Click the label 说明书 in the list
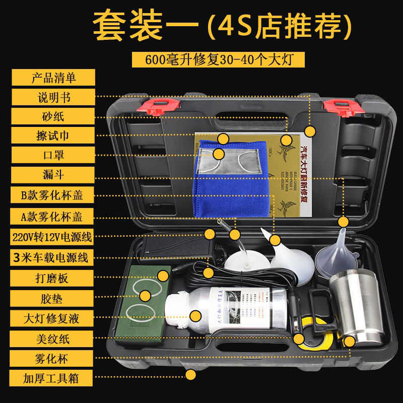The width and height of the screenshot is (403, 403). coord(53,96)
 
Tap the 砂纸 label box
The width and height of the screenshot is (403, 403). coord(53,116)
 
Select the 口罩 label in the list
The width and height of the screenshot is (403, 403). coord(53,155)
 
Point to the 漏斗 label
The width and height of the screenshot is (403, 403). coord(53,174)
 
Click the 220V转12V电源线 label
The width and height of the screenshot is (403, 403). coord(53,237)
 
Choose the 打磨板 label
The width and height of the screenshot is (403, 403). coord(53,278)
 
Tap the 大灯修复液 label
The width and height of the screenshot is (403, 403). coord(53,318)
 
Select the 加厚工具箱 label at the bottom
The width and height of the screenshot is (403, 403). coord(53,377)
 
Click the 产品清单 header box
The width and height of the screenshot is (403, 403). coord(53,78)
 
